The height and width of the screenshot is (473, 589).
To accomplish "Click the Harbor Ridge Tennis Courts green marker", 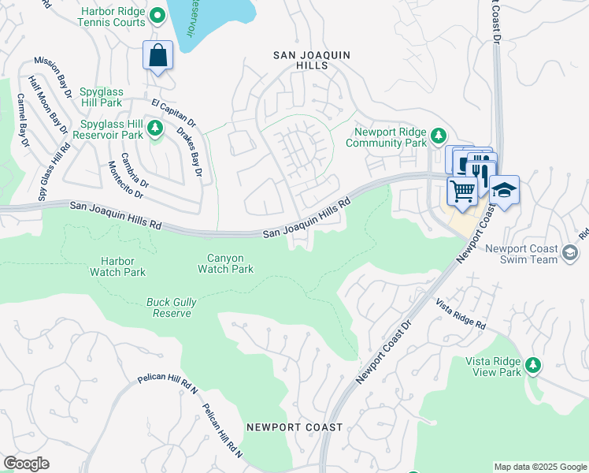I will pyautogui.click(x=157, y=15).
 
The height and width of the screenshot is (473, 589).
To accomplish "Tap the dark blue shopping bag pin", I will pyautogui.click(x=158, y=56).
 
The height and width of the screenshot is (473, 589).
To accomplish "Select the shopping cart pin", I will pyautogui.click(x=462, y=190).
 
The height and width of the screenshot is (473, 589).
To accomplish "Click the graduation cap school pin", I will pyautogui.click(x=504, y=190).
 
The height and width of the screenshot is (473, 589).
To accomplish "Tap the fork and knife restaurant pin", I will pyautogui.click(x=482, y=169).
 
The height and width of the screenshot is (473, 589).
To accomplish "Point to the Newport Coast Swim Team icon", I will pyautogui.click(x=571, y=251).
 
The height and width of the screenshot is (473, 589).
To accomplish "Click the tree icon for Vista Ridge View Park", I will pyautogui.click(x=534, y=364).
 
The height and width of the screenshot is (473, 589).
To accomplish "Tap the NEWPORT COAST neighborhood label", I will pyautogui.click(x=294, y=427).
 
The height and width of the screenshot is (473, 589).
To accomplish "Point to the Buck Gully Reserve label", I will pyautogui.click(x=171, y=307).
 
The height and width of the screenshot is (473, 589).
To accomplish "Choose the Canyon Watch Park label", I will pyautogui.click(x=230, y=263).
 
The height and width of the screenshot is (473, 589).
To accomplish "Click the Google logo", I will pyautogui.click(x=26, y=464).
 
